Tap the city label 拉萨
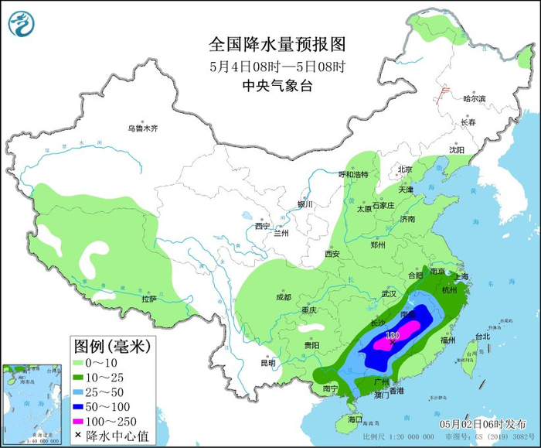coord(149,299)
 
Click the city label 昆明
coord(267,363)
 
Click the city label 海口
coord(355,419)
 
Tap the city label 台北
coord(482,337)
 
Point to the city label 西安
coord(332,254)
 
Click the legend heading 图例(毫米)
coord(111,344)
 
